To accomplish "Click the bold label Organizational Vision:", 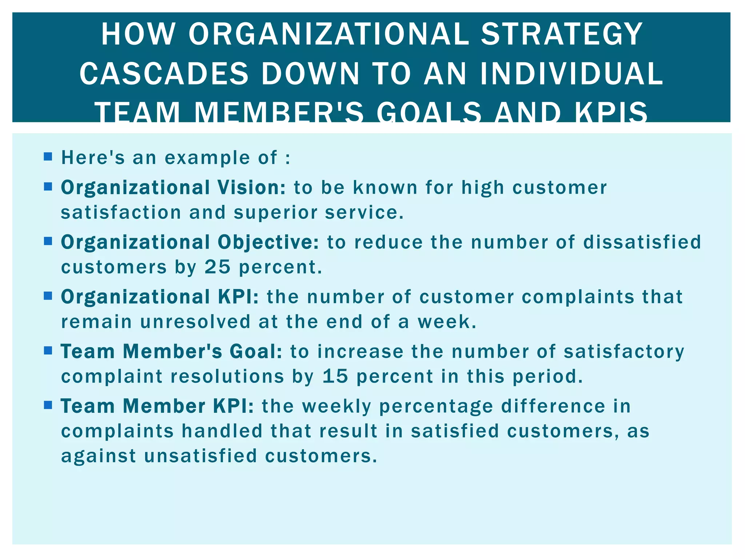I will pos(173,188).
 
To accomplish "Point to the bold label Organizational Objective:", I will pos(190,242).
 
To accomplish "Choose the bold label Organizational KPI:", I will pos(160,297).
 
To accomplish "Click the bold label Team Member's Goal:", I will pos(171,352).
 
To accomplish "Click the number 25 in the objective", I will pos(218,267).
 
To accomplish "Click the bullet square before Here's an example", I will pos(48,157).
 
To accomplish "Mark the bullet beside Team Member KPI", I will pos(48,405).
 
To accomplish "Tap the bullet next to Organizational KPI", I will pos(48,296).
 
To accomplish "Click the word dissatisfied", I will pos(642,242).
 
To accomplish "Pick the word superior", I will pos(275,213).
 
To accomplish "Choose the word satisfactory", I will pos(624,352).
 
